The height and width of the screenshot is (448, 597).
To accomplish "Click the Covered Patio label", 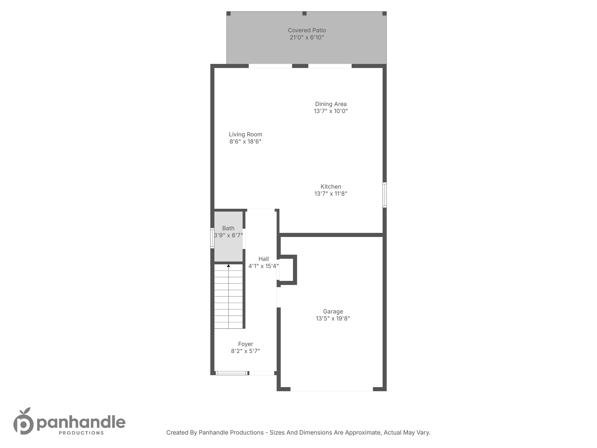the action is click(x=307, y=30).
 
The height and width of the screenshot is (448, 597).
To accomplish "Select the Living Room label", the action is click(x=246, y=134).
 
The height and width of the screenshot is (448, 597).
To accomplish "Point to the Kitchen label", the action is click(x=331, y=187).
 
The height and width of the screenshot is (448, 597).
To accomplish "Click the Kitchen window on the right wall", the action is click(x=385, y=195).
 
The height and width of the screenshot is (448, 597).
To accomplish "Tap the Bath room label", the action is click(x=228, y=228).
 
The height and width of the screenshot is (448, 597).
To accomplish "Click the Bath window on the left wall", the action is click(x=212, y=238).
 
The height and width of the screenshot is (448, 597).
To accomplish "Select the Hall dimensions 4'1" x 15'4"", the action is click(x=264, y=266).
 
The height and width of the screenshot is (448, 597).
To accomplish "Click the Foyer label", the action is click(x=246, y=344).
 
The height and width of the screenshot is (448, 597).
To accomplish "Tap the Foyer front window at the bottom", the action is click(x=232, y=373).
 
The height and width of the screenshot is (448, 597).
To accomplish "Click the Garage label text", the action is click(x=333, y=311).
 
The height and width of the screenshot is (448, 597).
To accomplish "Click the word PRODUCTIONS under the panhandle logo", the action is click(x=81, y=433).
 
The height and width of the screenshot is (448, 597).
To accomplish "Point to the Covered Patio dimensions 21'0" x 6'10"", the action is click(x=307, y=38).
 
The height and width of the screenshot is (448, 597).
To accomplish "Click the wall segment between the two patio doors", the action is click(x=300, y=66).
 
